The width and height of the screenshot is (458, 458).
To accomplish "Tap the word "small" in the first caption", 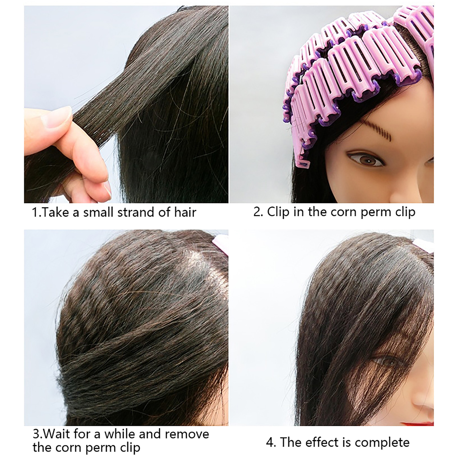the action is (x=98, y=212).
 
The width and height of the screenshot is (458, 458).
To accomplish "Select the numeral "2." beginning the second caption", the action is (x=258, y=212).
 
